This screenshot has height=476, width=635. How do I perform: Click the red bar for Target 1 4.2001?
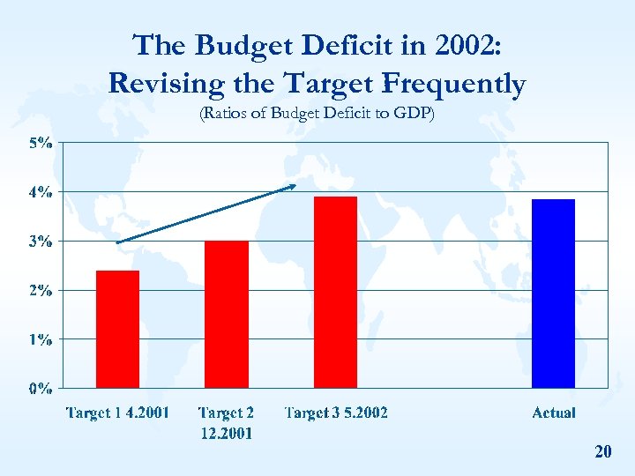117,329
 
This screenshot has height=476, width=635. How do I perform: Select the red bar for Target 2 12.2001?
227,314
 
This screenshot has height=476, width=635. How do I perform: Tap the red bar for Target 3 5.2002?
335,292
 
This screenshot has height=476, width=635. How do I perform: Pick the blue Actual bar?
553,294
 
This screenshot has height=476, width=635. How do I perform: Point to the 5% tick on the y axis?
41,143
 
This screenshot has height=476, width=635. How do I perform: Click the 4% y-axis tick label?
41,191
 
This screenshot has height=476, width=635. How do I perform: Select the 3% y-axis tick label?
41,241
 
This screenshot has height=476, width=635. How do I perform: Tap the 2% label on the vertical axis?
41,289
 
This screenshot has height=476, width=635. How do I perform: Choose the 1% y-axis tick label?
41,338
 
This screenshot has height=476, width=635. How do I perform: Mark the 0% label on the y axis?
41,388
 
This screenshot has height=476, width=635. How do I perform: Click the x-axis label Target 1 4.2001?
118,413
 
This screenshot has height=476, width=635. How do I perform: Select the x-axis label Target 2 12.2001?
227,422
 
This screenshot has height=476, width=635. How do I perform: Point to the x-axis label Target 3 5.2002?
336,413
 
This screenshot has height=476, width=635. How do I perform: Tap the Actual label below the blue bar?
554,413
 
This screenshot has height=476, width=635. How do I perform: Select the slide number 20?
603,452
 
